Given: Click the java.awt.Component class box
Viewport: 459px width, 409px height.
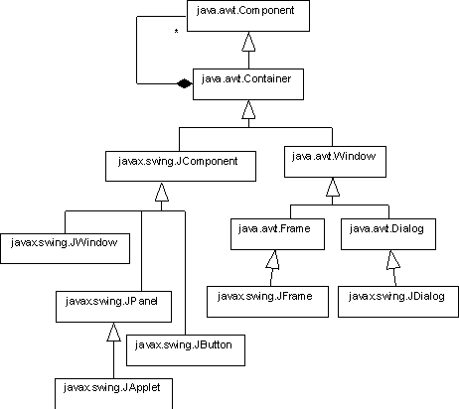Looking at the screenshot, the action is click(248, 16).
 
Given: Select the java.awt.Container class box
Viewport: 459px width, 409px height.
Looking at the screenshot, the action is click(248, 84).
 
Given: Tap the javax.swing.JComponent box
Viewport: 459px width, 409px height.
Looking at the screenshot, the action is click(181, 166).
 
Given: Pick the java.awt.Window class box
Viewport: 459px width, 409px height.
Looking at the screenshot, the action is click(335, 162).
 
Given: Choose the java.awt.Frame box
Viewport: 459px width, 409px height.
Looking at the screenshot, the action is click(277, 234).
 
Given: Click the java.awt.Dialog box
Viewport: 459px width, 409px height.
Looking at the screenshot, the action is click(388, 234).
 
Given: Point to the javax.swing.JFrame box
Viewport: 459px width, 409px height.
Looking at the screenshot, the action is click(267, 302).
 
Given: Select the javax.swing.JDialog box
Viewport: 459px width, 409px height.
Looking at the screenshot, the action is click(398, 302).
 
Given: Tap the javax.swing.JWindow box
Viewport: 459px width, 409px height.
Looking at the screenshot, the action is click(65, 248).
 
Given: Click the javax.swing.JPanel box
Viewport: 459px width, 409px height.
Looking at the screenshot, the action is click(113, 307).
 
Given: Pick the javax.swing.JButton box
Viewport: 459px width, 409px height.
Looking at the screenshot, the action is click(186, 350).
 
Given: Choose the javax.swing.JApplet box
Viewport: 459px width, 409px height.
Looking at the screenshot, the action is click(113, 394).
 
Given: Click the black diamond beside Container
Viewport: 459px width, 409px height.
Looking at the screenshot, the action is click(184, 84).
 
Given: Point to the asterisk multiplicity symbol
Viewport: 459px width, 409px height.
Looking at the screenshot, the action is click(176, 32).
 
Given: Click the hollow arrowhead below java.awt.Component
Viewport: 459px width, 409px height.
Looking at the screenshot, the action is click(248, 42).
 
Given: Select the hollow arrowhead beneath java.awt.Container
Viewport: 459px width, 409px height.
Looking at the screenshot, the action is click(248, 109).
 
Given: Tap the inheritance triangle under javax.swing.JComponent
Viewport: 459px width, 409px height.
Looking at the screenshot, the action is click(162, 192).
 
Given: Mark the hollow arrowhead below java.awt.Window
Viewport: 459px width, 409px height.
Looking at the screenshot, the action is click(333, 187).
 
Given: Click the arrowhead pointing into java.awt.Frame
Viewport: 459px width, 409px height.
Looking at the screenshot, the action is click(272, 260).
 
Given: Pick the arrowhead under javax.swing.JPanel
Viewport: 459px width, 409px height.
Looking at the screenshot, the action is click(113, 332).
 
